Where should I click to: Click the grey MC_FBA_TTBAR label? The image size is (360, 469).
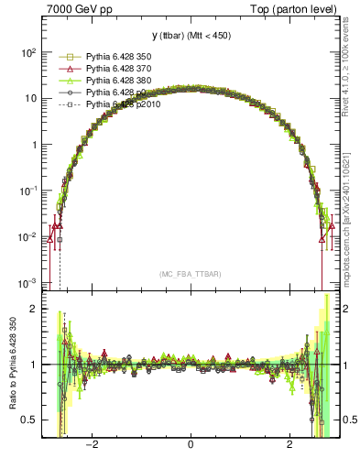point(190,274)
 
